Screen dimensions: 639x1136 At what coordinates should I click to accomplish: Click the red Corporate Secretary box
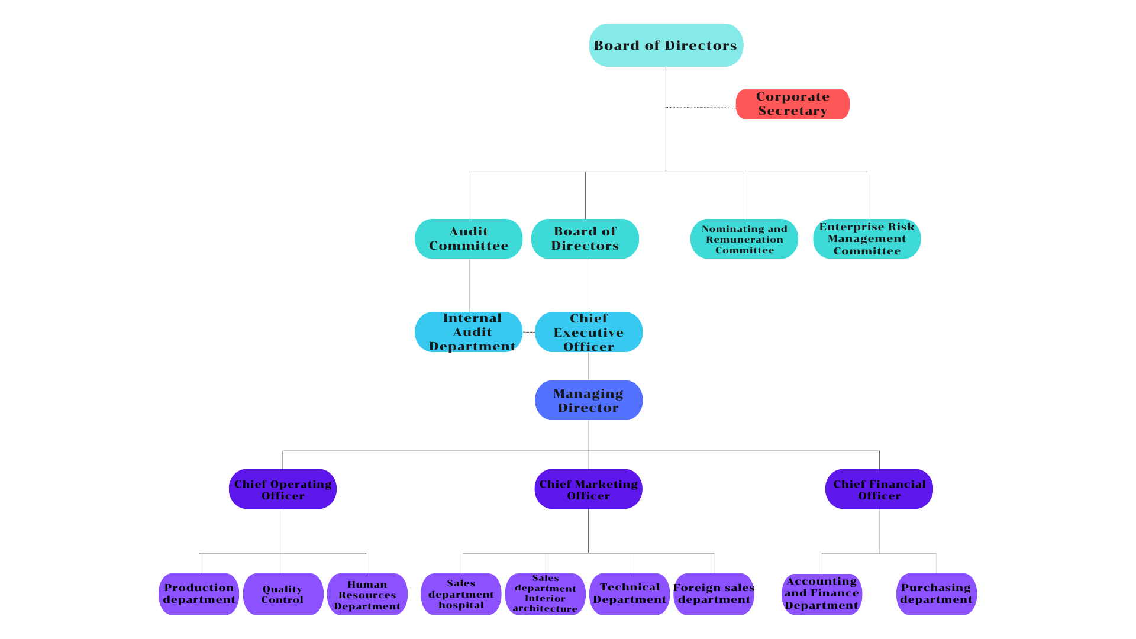tap(792, 104)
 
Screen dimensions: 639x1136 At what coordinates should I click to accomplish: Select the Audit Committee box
tap(469, 238)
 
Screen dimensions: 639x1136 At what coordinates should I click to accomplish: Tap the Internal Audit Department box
tap(469, 332)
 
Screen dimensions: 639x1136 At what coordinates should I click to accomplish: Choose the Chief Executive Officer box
tap(589, 332)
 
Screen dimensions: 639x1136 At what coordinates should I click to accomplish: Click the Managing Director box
tap(589, 401)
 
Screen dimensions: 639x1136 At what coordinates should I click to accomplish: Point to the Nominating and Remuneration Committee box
tap(744, 239)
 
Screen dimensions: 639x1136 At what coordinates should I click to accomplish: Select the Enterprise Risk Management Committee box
tap(867, 239)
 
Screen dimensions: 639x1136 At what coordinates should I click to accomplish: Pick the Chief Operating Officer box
tap(283, 489)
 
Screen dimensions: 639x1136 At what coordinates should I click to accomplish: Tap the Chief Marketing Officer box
tap(589, 489)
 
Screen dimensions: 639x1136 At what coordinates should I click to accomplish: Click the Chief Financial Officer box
tap(879, 489)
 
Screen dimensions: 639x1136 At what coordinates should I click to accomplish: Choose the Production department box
tap(199, 594)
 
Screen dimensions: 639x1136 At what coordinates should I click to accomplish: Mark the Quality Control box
tap(283, 594)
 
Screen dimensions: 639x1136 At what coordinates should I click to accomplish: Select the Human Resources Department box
tap(367, 595)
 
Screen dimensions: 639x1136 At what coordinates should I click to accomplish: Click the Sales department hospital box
tap(461, 594)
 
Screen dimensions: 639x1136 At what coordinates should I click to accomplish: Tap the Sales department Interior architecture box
tap(545, 594)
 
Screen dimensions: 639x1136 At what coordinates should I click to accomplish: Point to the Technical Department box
tap(630, 594)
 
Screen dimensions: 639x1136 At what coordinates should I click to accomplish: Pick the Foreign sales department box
tap(714, 594)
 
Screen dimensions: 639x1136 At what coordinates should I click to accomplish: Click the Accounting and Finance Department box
tap(822, 594)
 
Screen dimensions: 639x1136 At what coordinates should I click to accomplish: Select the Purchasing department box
tap(936, 594)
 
